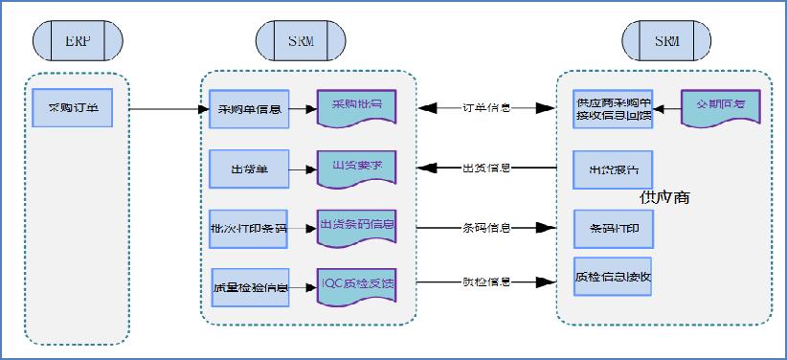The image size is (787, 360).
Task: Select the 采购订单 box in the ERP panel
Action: click(72, 107)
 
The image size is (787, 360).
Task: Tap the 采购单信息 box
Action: click(248, 109)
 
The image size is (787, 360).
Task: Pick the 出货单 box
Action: click(248, 169)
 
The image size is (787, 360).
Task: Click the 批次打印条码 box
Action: click(248, 228)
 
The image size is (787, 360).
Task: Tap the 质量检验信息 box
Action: click(248, 286)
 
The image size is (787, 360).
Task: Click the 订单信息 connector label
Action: click(486, 108)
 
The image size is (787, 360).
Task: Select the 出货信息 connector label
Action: click(486, 169)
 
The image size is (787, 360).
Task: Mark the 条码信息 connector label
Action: click(486, 228)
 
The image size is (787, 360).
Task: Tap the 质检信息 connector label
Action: click(486, 282)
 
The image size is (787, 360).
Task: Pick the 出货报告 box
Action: click(613, 169)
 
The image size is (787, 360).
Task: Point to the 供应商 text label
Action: click(664, 197)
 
